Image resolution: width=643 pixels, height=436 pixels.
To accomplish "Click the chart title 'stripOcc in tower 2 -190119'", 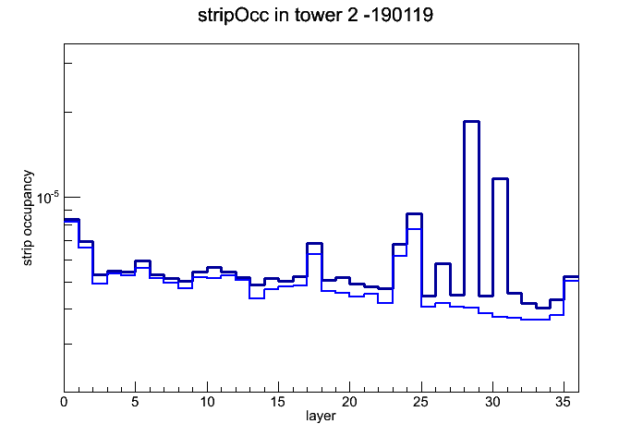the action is click(x=315, y=16).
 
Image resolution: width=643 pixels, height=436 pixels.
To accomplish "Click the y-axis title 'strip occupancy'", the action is click(x=27, y=218).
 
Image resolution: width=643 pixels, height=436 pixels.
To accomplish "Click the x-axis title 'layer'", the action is click(x=321, y=416).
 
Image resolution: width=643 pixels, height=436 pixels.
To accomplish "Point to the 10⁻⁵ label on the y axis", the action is click(x=47, y=198).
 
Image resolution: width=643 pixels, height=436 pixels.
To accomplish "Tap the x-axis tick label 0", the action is click(x=64, y=402).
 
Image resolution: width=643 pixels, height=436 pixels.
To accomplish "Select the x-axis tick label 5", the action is click(x=135, y=402).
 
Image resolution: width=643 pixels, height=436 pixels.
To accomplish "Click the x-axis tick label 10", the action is click(x=207, y=402).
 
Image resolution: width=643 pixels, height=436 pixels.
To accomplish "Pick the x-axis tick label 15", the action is click(x=278, y=402).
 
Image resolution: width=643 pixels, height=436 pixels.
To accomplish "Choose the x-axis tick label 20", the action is click(x=349, y=402).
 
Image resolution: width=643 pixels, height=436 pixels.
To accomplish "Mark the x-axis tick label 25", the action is click(x=420, y=402).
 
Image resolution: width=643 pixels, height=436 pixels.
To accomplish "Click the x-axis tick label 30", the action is click(x=492, y=402).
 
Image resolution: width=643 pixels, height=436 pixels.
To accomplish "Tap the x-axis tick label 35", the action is click(x=564, y=402).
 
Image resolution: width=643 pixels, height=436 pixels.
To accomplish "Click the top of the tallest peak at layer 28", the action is click(x=471, y=121).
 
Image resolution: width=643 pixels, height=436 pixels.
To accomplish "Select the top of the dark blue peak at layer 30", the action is click(x=500, y=178).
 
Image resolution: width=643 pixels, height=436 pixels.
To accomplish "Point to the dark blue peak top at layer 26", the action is click(x=443, y=264).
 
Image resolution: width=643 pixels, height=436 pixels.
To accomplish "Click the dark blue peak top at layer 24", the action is click(x=414, y=213).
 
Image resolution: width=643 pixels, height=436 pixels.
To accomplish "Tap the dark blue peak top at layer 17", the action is click(x=314, y=244).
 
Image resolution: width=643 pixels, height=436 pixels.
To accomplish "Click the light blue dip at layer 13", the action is click(x=257, y=298).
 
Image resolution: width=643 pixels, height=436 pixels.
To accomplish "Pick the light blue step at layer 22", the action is click(x=385, y=303).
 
